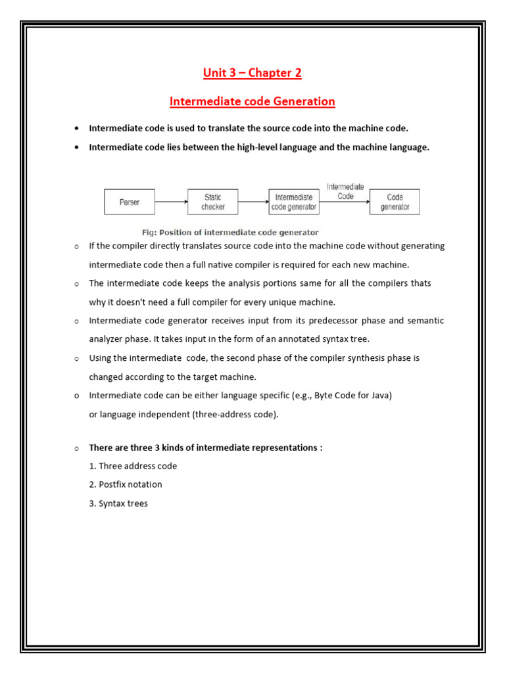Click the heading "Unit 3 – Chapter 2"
252,73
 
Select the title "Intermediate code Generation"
252,102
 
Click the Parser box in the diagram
130,202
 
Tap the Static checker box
212,202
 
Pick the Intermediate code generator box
294,202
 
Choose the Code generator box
395,202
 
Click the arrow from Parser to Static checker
171,202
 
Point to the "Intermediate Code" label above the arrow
345,191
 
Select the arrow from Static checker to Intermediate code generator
253,202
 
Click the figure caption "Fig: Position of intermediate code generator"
230,233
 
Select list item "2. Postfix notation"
126,484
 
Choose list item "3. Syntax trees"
119,503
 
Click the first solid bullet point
77,129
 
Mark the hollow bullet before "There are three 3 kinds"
77,448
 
